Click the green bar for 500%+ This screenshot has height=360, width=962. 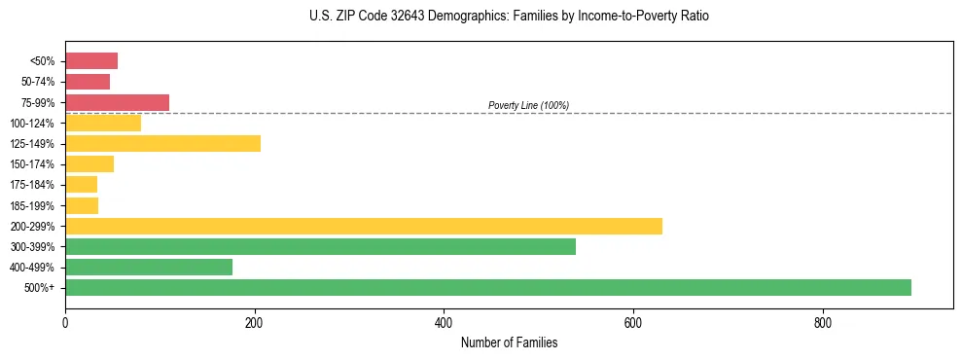tap(487, 287)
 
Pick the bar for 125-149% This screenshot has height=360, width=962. tap(162, 144)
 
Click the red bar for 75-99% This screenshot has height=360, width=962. tap(117, 102)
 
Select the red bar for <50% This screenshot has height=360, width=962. tap(91, 61)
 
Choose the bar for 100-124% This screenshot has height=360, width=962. tap(103, 123)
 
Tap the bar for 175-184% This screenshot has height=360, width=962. tap(81, 185)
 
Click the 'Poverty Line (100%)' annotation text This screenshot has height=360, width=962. tap(528, 105)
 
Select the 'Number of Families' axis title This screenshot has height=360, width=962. tap(509, 342)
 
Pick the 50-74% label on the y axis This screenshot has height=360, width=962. tap(37, 82)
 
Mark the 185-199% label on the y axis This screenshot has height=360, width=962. tap(34, 205)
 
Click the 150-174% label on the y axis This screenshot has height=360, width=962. tap(34, 164)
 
